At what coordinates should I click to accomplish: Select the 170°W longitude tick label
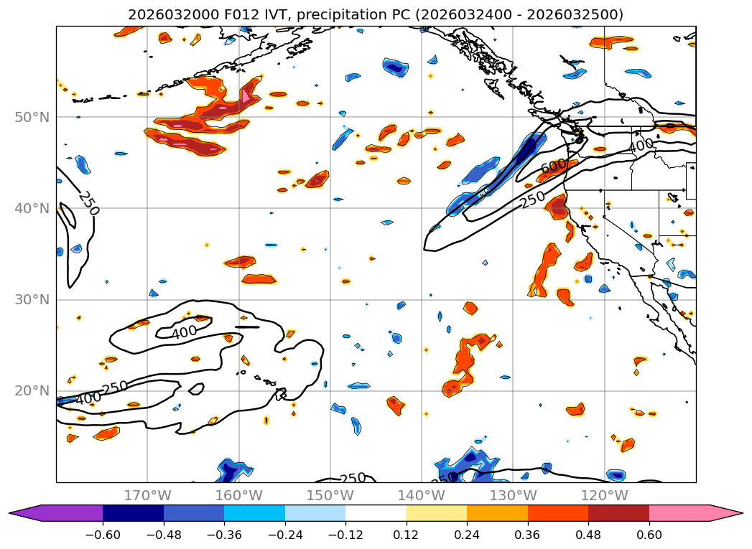[x=147, y=495]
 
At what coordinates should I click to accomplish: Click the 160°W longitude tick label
[x=238, y=495]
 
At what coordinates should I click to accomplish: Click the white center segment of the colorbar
[x=376, y=513]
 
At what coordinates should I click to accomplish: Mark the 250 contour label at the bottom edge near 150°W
[x=353, y=478]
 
